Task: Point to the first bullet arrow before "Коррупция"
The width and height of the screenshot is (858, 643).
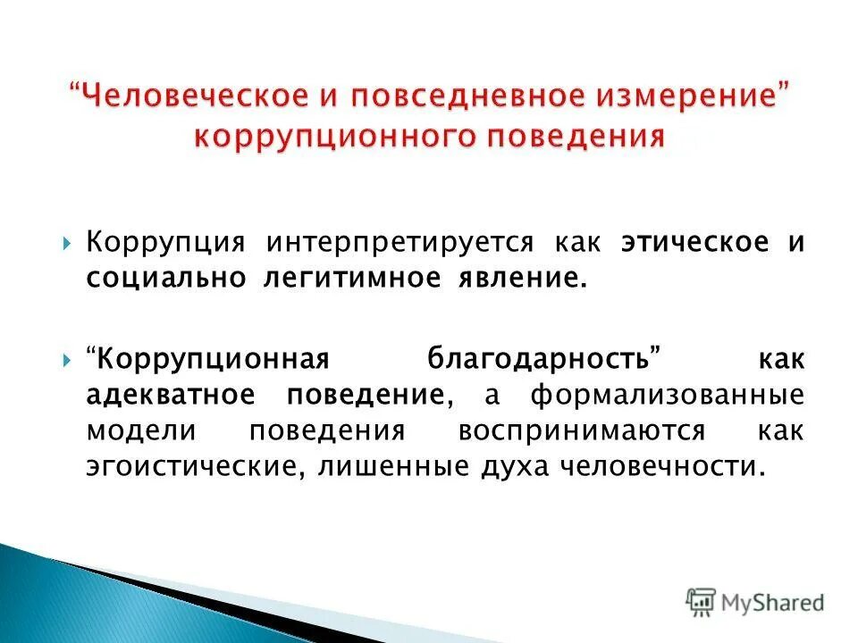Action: [x=69, y=244]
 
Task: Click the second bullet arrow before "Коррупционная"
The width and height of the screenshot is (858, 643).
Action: [x=69, y=361]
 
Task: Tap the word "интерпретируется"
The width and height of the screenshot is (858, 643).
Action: [x=397, y=243]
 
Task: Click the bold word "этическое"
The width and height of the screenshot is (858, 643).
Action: [x=694, y=243]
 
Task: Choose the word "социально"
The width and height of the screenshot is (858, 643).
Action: [x=166, y=278]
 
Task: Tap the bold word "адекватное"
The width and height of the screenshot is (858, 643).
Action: [x=175, y=395]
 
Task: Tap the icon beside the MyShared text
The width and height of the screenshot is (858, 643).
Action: [x=702, y=603]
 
